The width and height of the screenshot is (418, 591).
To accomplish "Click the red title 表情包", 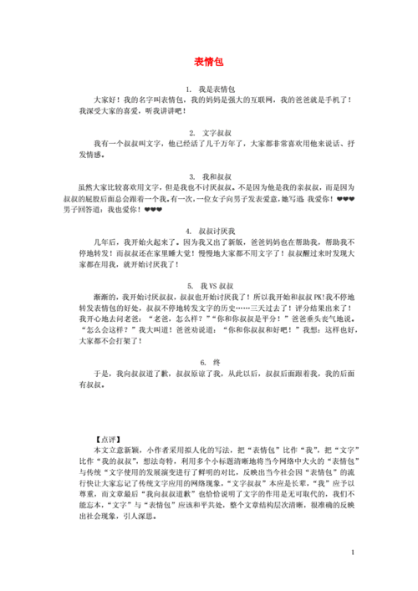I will point(209,62).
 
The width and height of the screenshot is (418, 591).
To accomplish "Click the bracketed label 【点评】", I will point(108,438).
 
